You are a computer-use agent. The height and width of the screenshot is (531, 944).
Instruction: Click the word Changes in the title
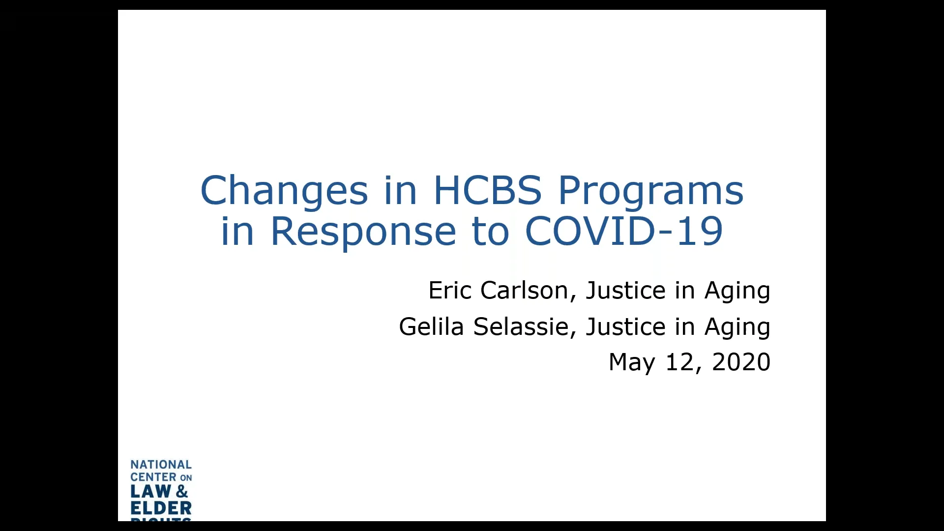tap(284, 191)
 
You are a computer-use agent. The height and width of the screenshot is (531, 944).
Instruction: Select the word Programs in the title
tap(650, 191)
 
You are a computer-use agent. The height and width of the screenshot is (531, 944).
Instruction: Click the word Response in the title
tap(363, 231)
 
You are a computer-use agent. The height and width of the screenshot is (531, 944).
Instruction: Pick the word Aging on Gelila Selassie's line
tap(737, 327)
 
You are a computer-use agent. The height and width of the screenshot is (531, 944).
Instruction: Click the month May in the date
tap(632, 362)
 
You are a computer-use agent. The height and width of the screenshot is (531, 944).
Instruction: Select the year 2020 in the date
tap(741, 362)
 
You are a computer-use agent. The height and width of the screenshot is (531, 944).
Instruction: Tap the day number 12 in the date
tap(679, 362)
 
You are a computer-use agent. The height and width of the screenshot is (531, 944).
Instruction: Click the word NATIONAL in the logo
tap(161, 465)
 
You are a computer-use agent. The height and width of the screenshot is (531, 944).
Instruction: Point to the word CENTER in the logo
tap(153, 477)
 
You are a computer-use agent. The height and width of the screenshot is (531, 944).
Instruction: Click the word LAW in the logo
tap(150, 491)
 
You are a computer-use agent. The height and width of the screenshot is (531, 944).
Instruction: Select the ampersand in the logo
tap(181, 491)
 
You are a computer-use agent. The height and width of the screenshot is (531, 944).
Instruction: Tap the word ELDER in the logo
tap(161, 508)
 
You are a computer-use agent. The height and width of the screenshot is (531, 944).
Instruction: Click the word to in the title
tap(490, 231)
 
